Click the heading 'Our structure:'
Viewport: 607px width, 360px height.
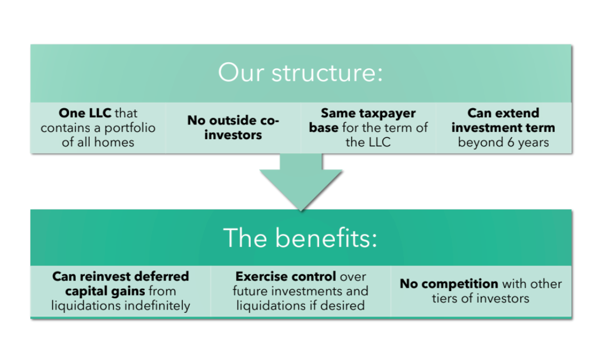(301, 73)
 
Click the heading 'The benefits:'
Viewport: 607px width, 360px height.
(301, 238)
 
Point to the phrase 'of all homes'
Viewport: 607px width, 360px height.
(98, 142)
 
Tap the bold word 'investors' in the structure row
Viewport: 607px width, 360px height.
(233, 135)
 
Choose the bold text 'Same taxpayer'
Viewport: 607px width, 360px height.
(368, 113)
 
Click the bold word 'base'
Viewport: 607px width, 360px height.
(324, 128)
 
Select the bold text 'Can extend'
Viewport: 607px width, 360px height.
(503, 113)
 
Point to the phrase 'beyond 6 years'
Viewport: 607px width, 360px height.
(503, 142)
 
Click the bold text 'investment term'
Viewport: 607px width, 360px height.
(503, 128)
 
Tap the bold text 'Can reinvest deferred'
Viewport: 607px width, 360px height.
(121, 276)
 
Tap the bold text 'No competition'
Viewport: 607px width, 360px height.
(449, 284)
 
